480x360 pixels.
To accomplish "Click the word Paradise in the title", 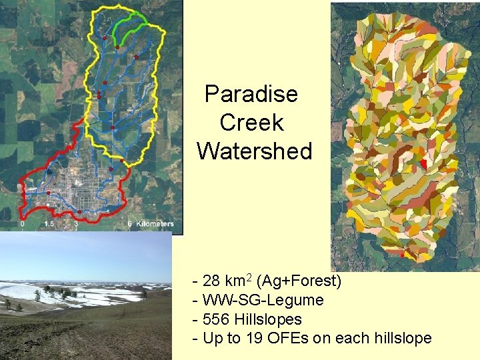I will point(251,94).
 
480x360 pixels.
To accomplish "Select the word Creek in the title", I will point(251,123).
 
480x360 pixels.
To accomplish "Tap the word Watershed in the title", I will point(254,151).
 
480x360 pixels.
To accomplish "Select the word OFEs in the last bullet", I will point(291,339).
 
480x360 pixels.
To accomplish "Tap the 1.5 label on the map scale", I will point(49,224).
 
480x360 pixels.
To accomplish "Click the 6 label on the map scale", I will point(129,224).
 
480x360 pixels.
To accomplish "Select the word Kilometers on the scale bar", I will point(155,224).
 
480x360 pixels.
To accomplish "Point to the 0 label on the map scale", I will point(23,224).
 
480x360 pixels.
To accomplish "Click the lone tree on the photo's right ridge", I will point(143,293).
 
